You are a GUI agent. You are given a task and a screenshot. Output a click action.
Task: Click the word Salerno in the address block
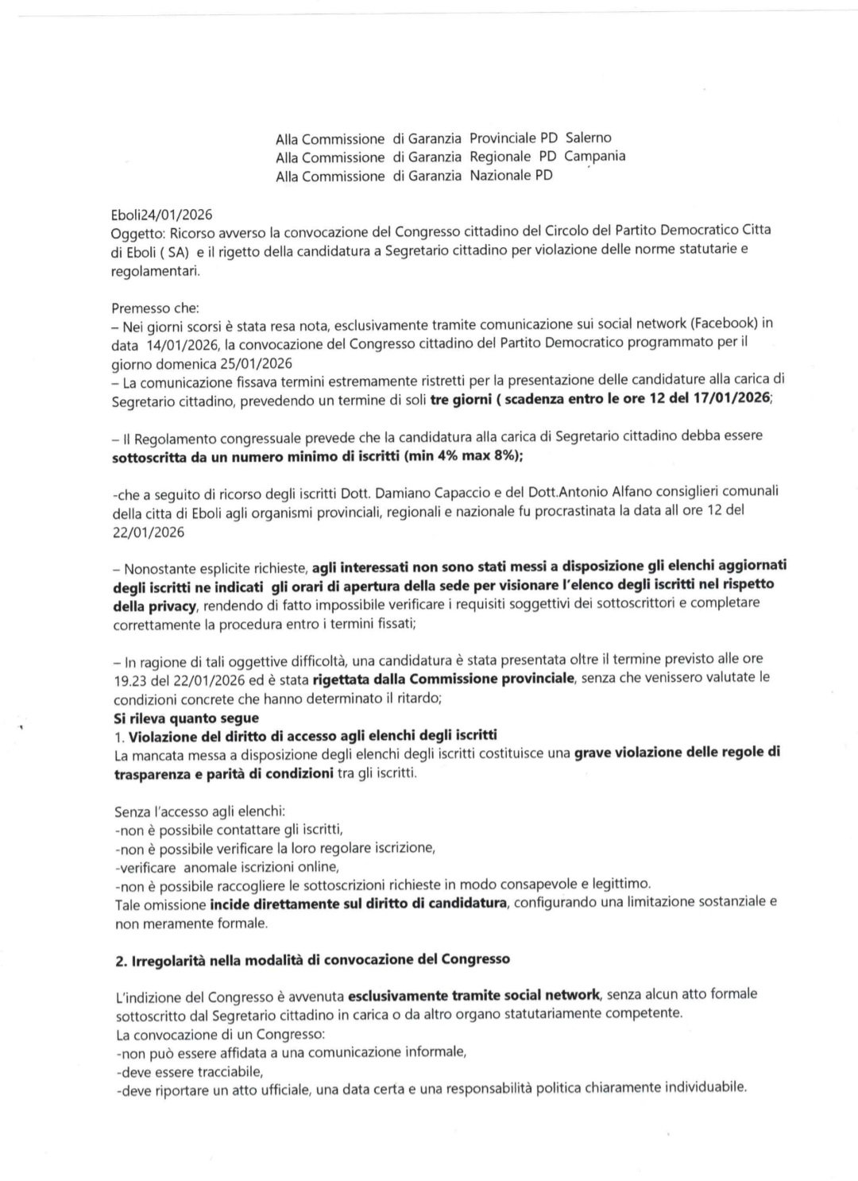click(588, 137)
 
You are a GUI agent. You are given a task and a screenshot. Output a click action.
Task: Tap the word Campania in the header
click(594, 156)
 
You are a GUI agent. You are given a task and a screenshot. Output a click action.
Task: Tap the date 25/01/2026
click(255, 364)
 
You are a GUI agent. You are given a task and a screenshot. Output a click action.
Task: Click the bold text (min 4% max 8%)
click(462, 456)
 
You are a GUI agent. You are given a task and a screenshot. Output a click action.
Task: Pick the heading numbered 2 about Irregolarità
click(312, 959)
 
